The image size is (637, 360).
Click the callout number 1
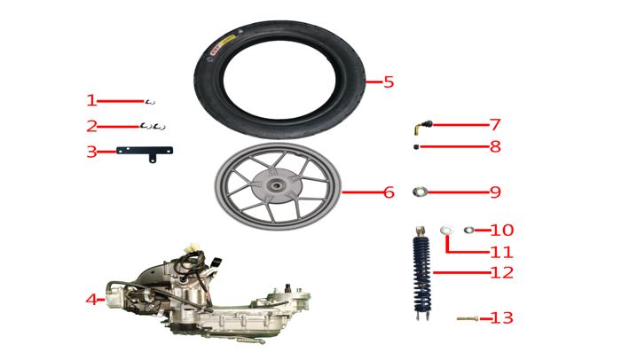pyautogui.click(x=91, y=101)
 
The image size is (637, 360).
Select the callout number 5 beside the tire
pyautogui.click(x=389, y=82)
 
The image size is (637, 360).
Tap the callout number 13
pyautogui.click(x=501, y=318)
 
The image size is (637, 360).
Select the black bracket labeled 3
pyautogui.click(x=146, y=152)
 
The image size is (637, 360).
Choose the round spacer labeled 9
pyautogui.click(x=422, y=192)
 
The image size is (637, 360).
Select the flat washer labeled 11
pyautogui.click(x=447, y=231)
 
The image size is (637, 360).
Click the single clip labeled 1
pyautogui.click(x=150, y=101)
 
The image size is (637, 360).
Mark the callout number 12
pyautogui.click(x=501, y=273)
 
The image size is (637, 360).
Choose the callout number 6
pyautogui.click(x=389, y=192)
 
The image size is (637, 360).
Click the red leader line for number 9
pyautogui.click(x=456, y=192)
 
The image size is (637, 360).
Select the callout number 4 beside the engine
pyautogui.click(x=91, y=300)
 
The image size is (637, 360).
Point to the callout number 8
pyautogui.click(x=495, y=147)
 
